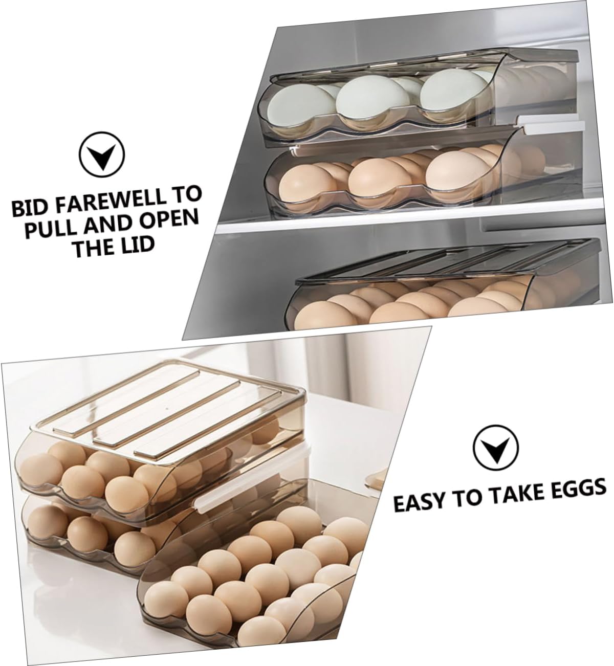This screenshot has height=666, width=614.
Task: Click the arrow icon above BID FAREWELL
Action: coord(102,152)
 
